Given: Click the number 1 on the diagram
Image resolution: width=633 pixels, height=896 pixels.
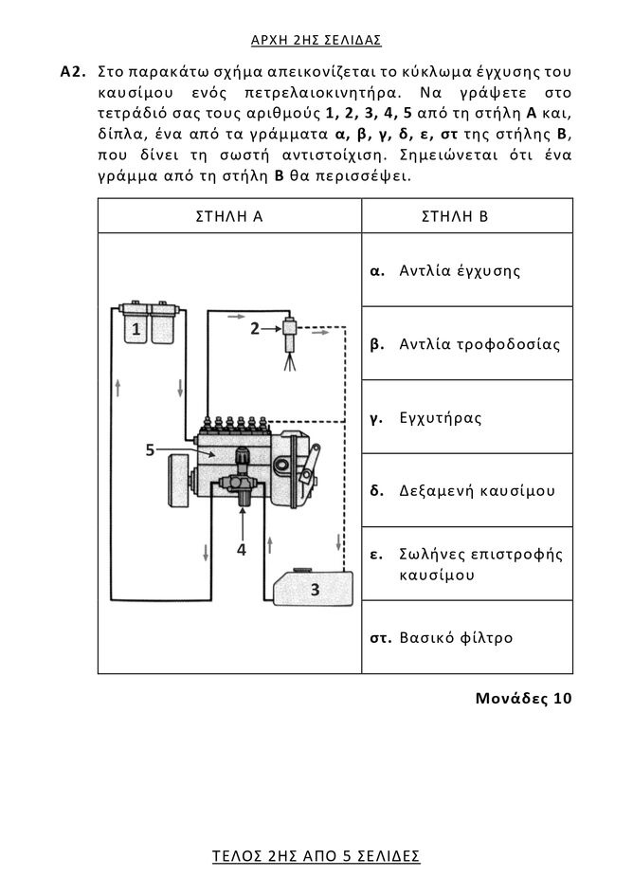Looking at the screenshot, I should (136, 330).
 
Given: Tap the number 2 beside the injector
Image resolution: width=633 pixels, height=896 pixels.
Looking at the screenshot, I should (254, 329).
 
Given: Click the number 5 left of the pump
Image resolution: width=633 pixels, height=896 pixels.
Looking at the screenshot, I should (151, 449).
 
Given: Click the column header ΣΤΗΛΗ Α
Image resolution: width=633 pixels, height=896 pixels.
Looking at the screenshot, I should (228, 216).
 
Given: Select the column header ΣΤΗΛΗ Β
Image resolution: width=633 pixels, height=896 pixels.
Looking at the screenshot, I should (455, 216).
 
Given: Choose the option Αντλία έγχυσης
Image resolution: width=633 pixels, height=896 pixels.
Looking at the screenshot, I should (460, 271).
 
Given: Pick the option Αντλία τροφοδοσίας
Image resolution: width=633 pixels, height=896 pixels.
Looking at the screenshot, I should (479, 344).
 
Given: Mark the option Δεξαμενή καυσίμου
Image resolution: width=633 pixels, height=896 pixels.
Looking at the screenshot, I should (477, 491).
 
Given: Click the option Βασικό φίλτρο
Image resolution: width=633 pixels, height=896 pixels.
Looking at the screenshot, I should (456, 637).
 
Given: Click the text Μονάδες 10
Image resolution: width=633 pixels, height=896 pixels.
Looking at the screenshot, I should (524, 700).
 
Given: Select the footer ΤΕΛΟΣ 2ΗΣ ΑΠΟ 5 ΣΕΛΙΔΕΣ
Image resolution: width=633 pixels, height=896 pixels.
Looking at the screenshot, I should (316, 856).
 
